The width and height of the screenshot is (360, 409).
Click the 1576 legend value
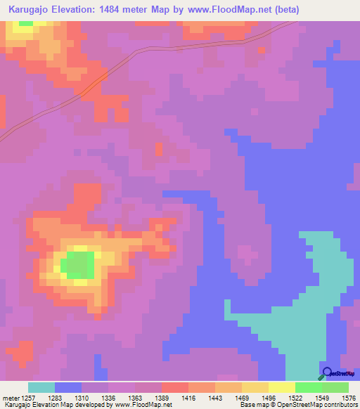(x=347, y=397)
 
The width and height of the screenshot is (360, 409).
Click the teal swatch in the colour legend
(x=41, y=387)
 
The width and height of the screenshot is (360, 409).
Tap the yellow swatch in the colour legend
(x=282, y=387)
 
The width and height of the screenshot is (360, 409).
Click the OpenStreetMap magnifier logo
(x=326, y=373)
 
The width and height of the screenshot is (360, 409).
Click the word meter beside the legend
(x=11, y=397)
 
